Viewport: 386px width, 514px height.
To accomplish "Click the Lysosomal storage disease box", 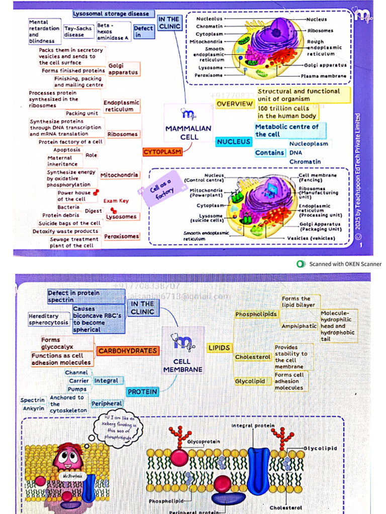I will point(111,14).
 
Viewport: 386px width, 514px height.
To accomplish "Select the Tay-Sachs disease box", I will point(78,32).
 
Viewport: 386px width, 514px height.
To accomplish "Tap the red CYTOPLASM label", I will point(162,152).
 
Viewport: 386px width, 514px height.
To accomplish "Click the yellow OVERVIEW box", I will point(235,104).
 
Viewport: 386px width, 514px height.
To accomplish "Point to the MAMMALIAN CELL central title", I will point(188,133).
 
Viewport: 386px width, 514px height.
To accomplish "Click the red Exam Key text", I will point(116,201).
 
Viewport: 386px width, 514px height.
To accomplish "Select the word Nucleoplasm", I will point(308,144).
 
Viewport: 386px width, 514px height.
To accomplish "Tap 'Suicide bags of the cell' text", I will point(70,223).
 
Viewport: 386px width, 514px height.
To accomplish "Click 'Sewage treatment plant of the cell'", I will point(74,242).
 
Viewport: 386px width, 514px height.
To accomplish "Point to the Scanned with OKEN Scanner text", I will point(345,264).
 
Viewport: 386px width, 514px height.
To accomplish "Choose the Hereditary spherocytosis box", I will point(50,319).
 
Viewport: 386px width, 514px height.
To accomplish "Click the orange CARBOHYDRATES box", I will point(127,351).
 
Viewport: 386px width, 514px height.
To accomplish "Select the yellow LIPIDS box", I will point(219,347).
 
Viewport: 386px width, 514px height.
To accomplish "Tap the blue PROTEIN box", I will point(142,392).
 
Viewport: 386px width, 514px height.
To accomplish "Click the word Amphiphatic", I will point(299,326).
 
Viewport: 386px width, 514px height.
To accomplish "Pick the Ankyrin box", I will point(33,409).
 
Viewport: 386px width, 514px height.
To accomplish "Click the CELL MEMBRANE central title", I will point(182,365).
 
